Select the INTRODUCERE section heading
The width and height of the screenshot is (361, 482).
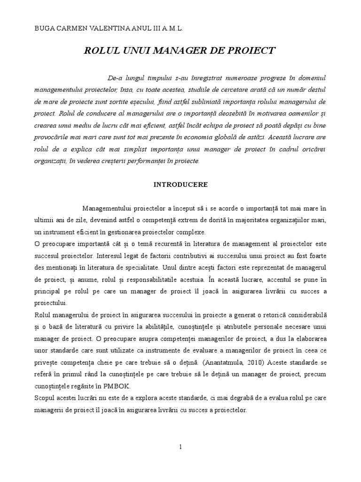pyautogui.click(x=181, y=185)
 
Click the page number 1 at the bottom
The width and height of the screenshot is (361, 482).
pyautogui.click(x=180, y=447)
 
